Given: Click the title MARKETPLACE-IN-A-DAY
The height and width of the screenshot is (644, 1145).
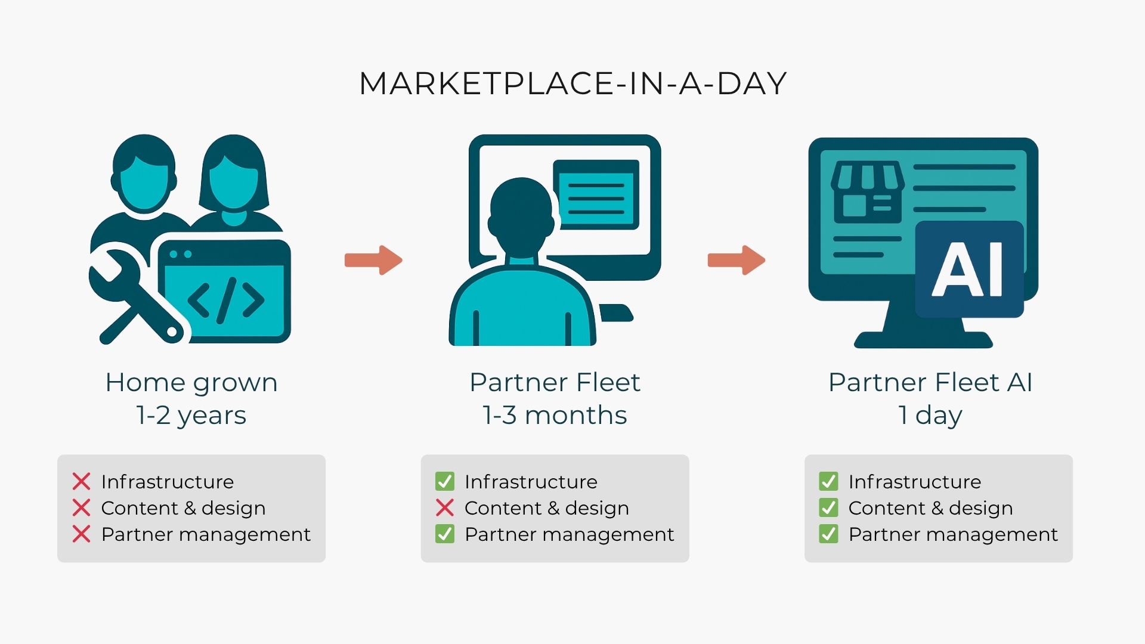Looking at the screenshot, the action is [572, 83].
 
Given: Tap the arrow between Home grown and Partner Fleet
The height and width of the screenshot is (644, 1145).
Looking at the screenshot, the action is [374, 260].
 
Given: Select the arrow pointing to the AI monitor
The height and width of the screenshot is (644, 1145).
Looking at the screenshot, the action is [736, 260].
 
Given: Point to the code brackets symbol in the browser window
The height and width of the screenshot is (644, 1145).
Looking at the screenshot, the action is [225, 299].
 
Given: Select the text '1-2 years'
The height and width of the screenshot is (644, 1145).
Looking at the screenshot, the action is [191, 415].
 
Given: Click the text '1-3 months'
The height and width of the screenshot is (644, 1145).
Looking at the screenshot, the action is [555, 415].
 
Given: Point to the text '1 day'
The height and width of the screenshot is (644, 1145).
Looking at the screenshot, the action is [930, 415].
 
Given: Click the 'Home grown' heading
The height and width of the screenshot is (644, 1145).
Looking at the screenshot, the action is [191, 382].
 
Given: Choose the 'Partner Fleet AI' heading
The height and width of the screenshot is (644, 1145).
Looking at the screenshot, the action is [930, 382].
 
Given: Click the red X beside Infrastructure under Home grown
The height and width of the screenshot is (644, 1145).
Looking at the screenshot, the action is [82, 481].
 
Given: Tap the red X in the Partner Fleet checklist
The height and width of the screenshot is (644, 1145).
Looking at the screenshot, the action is [445, 507].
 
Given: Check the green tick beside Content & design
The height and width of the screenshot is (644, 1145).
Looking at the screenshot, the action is [828, 507].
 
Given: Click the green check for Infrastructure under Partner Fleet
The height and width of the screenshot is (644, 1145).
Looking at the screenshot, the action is [445, 481].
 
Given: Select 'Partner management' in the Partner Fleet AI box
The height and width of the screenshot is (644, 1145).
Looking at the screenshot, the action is [953, 534].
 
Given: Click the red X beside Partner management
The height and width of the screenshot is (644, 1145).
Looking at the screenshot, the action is [82, 534].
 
